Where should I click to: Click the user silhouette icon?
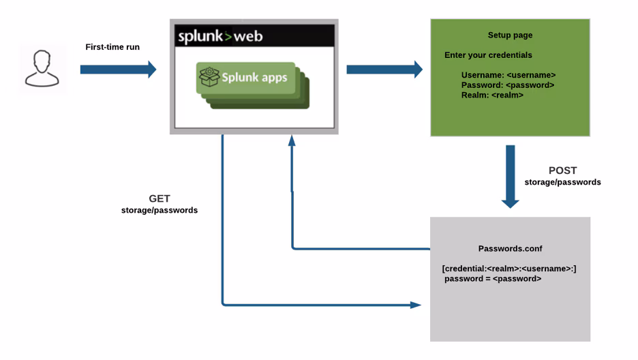click(42, 69)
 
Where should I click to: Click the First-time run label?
click(112, 47)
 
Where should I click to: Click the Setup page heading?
click(510, 35)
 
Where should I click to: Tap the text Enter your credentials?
click(488, 55)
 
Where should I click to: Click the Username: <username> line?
click(508, 75)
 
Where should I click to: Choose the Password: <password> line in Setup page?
click(507, 85)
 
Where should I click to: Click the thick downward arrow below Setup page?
click(510, 175)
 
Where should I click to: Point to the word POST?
click(562, 170)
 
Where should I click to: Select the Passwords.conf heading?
click(509, 250)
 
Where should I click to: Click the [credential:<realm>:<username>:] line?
click(509, 269)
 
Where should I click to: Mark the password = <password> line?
click(493, 279)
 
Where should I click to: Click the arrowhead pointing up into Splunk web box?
click(292, 140)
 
